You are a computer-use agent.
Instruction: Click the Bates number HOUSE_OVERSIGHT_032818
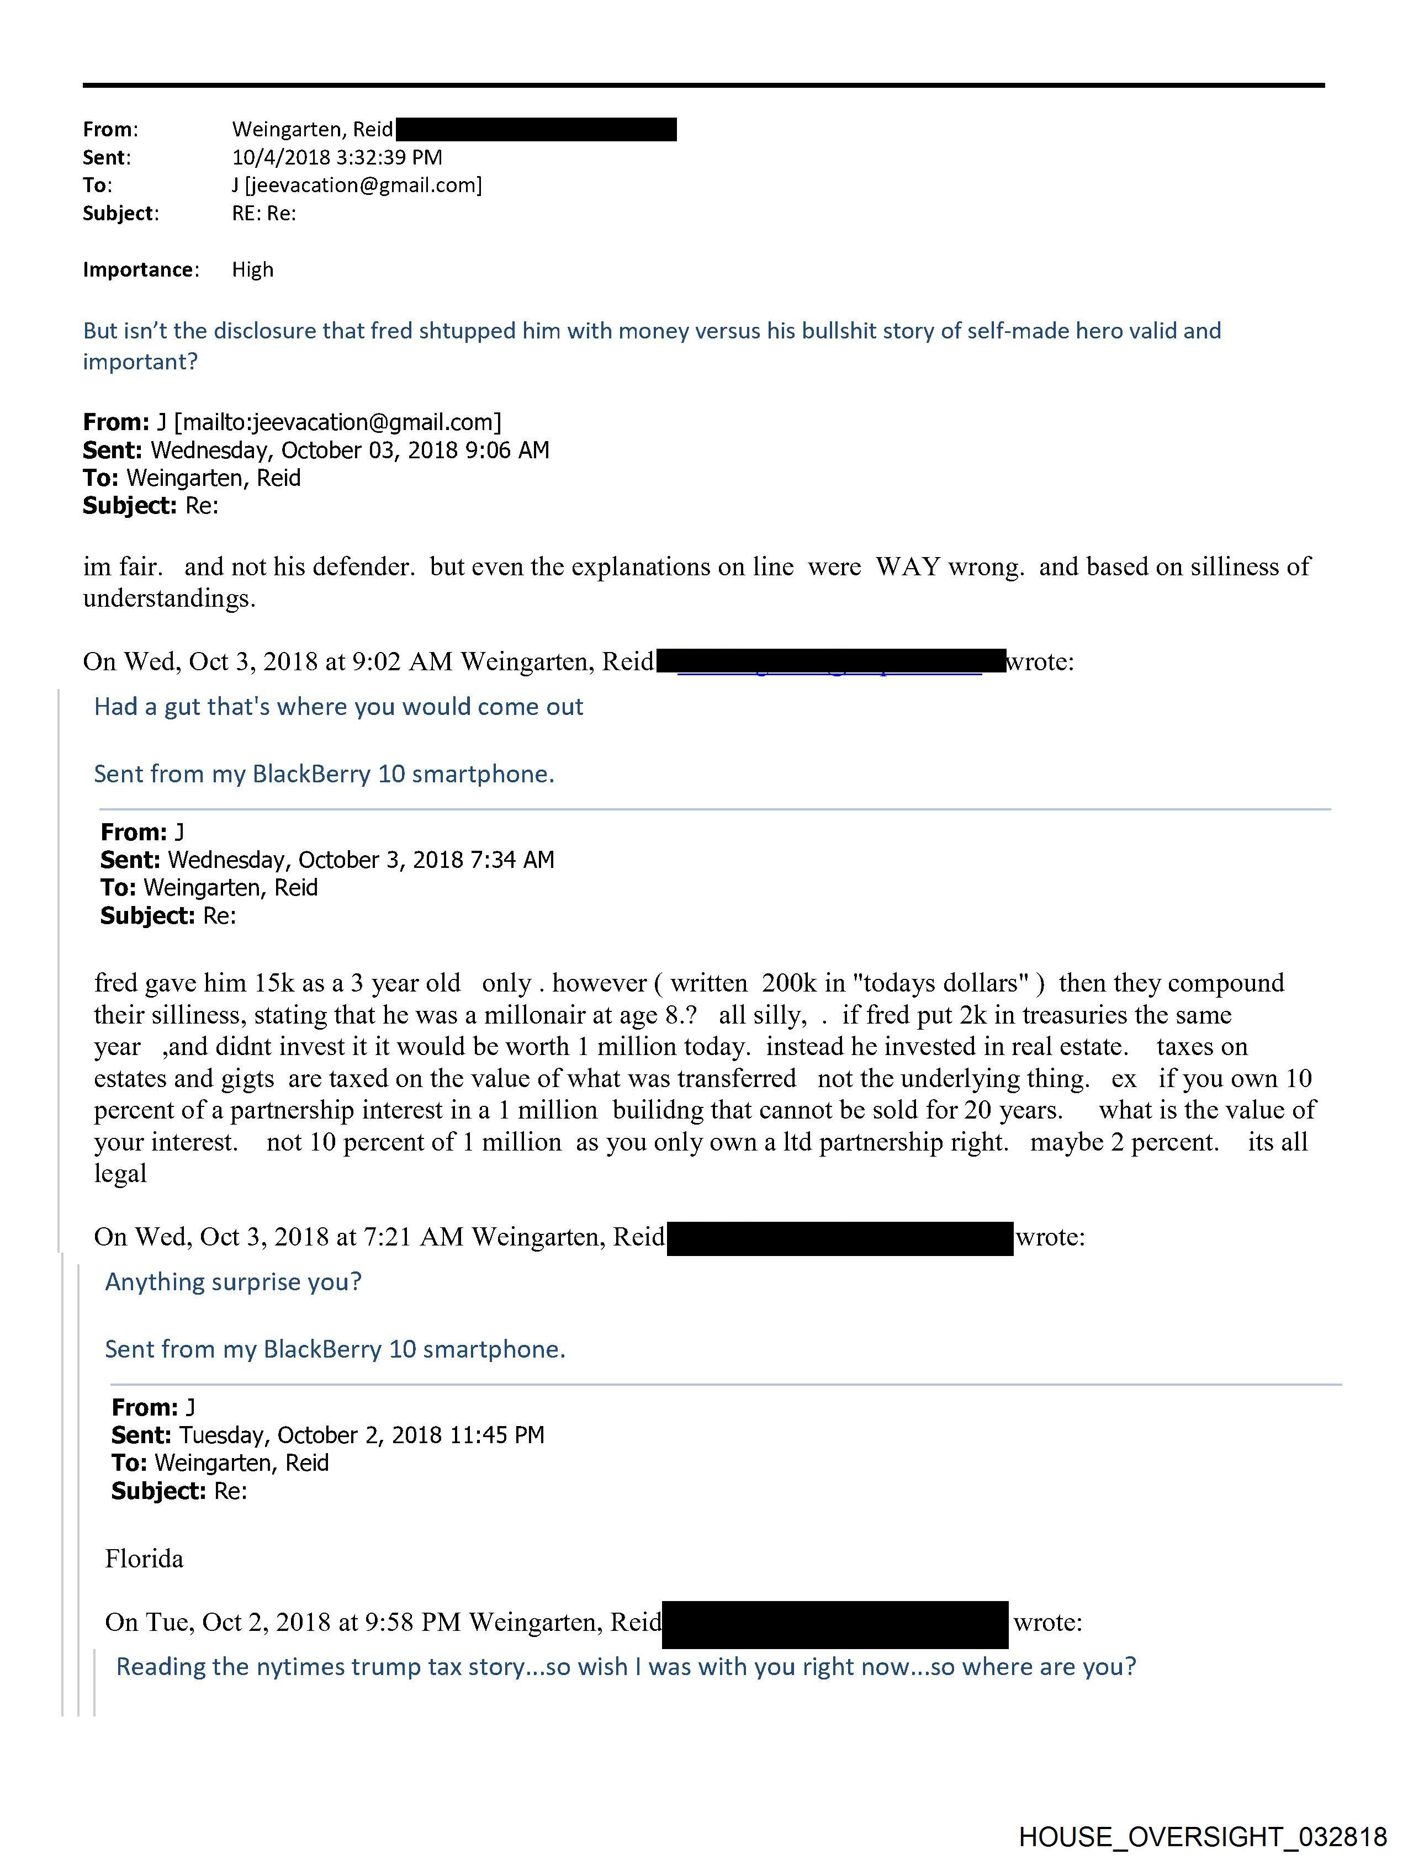point(1202,1836)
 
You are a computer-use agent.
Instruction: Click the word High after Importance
point(252,270)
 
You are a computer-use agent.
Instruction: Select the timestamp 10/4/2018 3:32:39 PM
point(336,157)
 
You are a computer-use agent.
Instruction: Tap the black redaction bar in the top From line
point(536,130)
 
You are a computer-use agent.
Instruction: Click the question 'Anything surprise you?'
point(233,1281)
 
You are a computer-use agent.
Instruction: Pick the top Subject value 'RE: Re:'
point(264,214)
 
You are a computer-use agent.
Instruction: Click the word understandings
point(169,598)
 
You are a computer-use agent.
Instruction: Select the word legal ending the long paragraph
point(120,1174)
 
